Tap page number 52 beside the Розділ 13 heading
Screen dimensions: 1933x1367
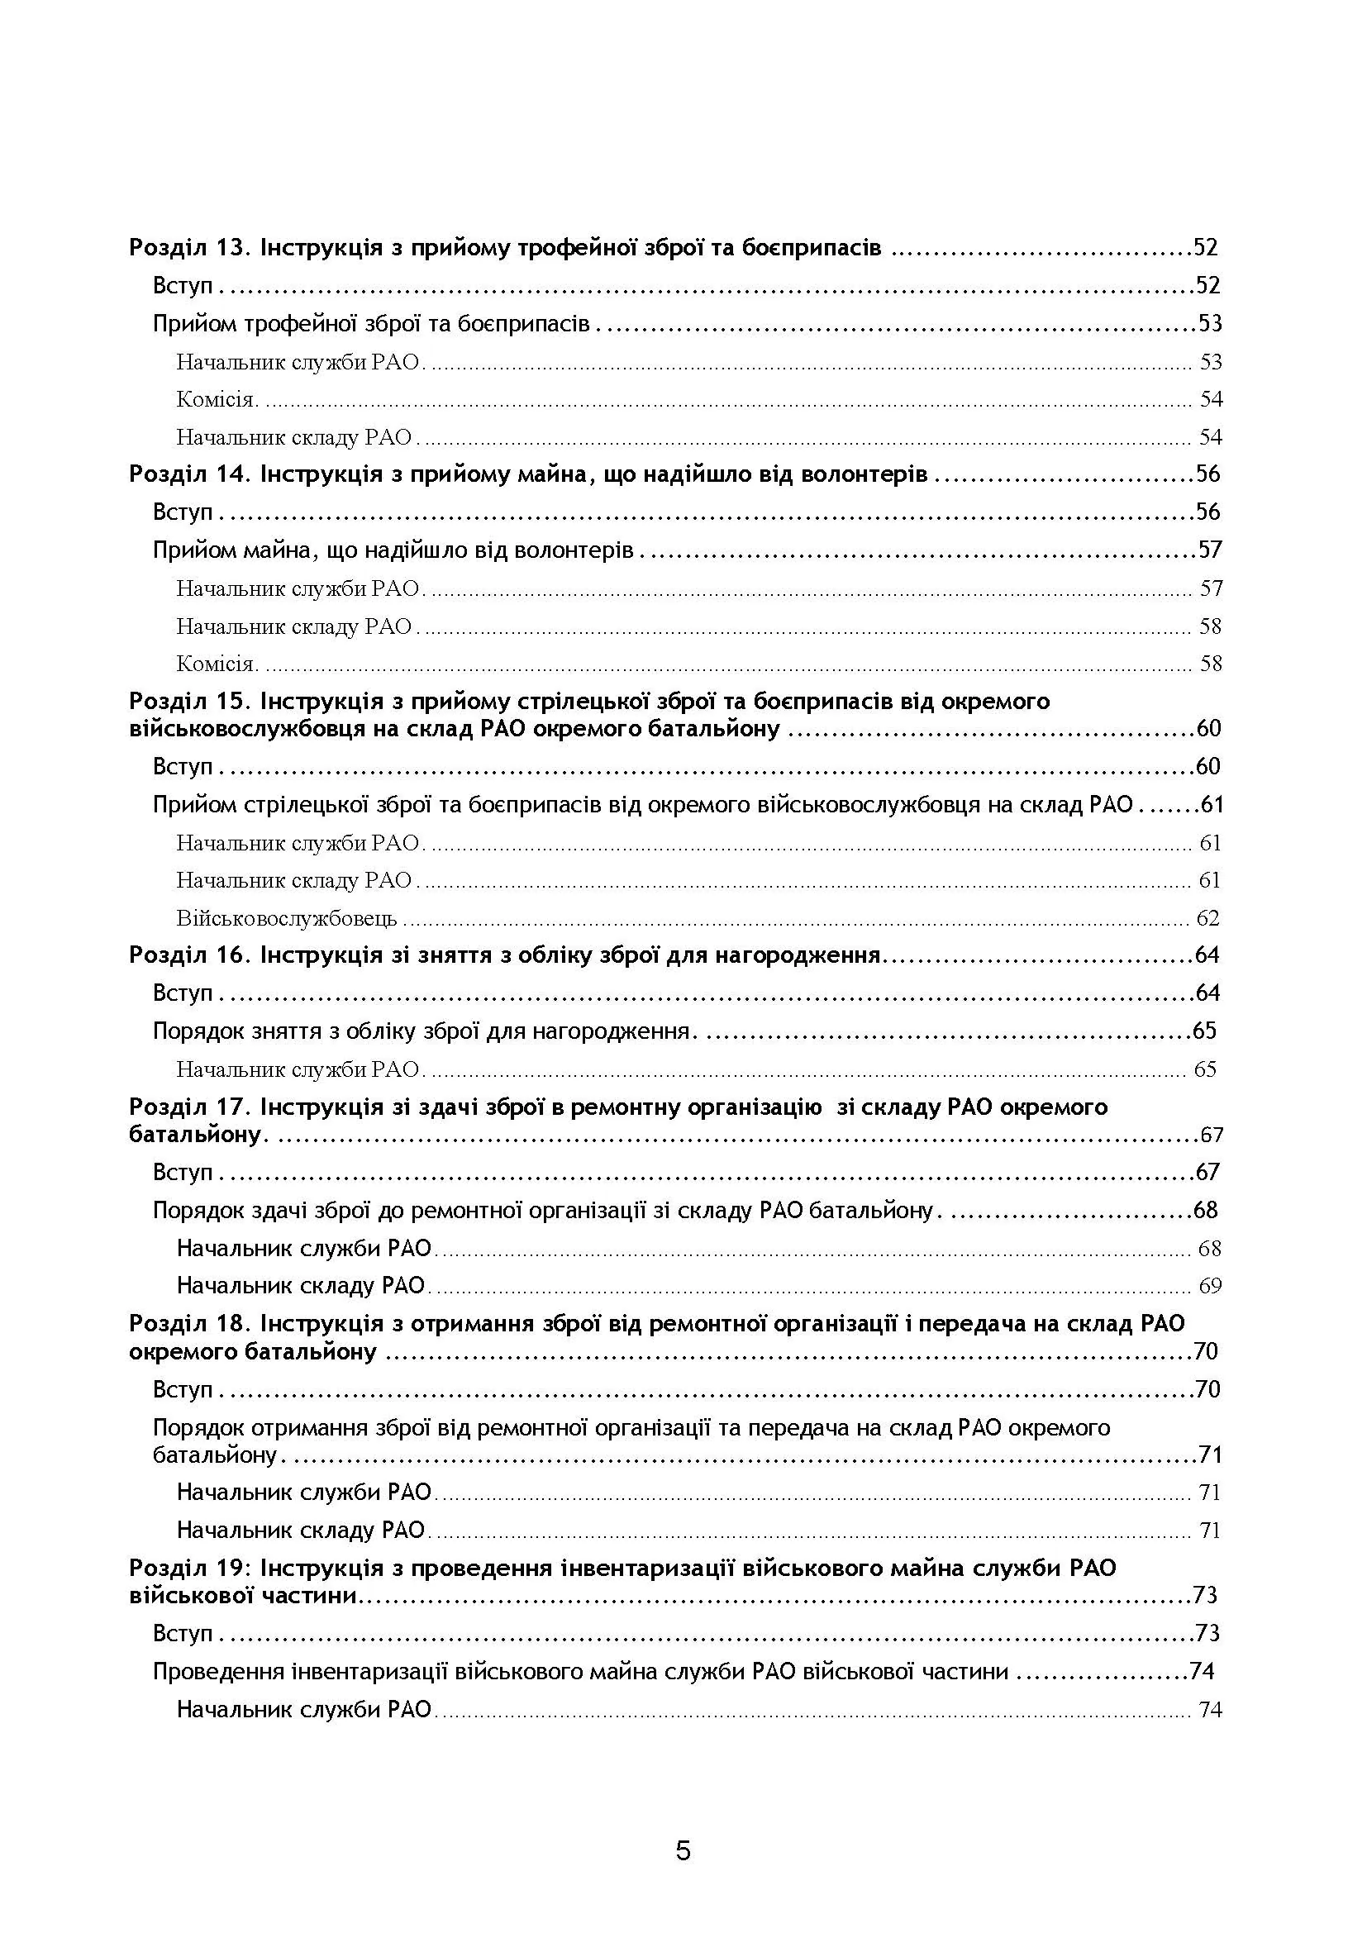tap(1205, 249)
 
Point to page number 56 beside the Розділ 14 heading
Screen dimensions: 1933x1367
tap(1208, 475)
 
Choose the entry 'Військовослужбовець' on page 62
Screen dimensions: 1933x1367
tap(286, 918)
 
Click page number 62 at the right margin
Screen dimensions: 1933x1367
tap(1208, 918)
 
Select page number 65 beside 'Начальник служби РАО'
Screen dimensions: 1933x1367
tap(1205, 1070)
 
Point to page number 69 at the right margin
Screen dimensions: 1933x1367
tap(1210, 1286)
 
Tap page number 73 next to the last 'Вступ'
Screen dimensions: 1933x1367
tap(1207, 1634)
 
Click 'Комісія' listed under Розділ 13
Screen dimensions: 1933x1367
tap(216, 400)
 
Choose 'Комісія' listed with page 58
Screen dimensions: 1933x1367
tap(216, 664)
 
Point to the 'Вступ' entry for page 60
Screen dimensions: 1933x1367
tap(183, 767)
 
